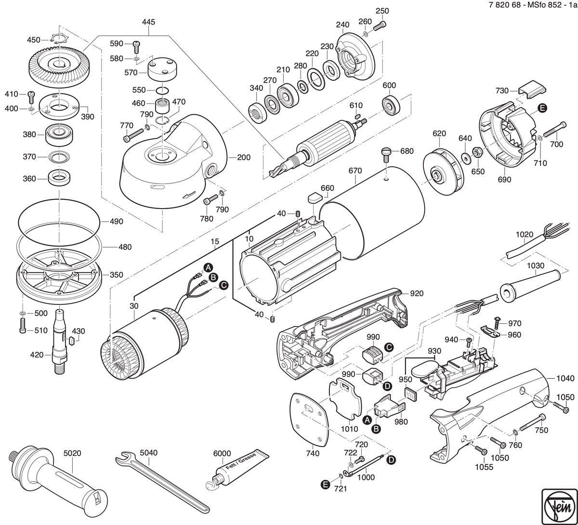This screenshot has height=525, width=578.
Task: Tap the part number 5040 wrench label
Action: pyautogui.click(x=149, y=453)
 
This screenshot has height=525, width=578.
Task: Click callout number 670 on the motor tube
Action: pyautogui.click(x=355, y=171)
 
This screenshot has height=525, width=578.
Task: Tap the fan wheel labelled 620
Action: pyautogui.click(x=443, y=171)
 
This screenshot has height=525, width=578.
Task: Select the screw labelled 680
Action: pyautogui.click(x=387, y=155)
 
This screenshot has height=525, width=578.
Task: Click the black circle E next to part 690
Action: pyautogui.click(x=542, y=108)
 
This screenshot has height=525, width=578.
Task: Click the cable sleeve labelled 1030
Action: pyautogui.click(x=530, y=285)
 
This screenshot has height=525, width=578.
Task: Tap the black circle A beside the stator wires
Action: pyautogui.click(x=208, y=267)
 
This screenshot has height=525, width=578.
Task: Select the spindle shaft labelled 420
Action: pyautogui.click(x=61, y=341)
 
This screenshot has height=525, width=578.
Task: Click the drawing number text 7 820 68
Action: pyautogui.click(x=505, y=5)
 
